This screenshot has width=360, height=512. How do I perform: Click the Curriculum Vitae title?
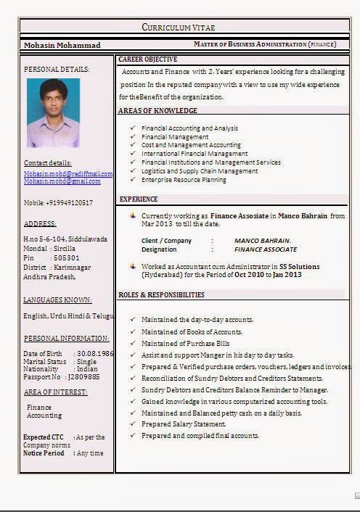178,27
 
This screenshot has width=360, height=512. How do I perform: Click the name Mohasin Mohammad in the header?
62,45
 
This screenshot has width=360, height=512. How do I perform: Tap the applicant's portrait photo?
53,113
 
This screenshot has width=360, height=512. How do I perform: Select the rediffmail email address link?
68,174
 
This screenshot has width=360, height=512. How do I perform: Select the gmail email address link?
62,181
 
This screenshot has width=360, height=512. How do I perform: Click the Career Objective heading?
147,59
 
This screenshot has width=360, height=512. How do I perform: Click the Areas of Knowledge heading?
157,111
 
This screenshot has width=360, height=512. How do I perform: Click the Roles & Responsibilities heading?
161,295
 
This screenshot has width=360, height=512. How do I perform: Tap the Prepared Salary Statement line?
184,424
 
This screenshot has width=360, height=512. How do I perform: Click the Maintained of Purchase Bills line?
185,343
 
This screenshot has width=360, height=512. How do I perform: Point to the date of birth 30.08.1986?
97,353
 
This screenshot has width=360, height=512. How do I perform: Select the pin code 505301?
67,257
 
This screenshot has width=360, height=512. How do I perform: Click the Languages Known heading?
57,300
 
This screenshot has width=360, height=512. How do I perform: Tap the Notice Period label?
44,453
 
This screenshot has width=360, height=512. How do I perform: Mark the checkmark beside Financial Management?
132,136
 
